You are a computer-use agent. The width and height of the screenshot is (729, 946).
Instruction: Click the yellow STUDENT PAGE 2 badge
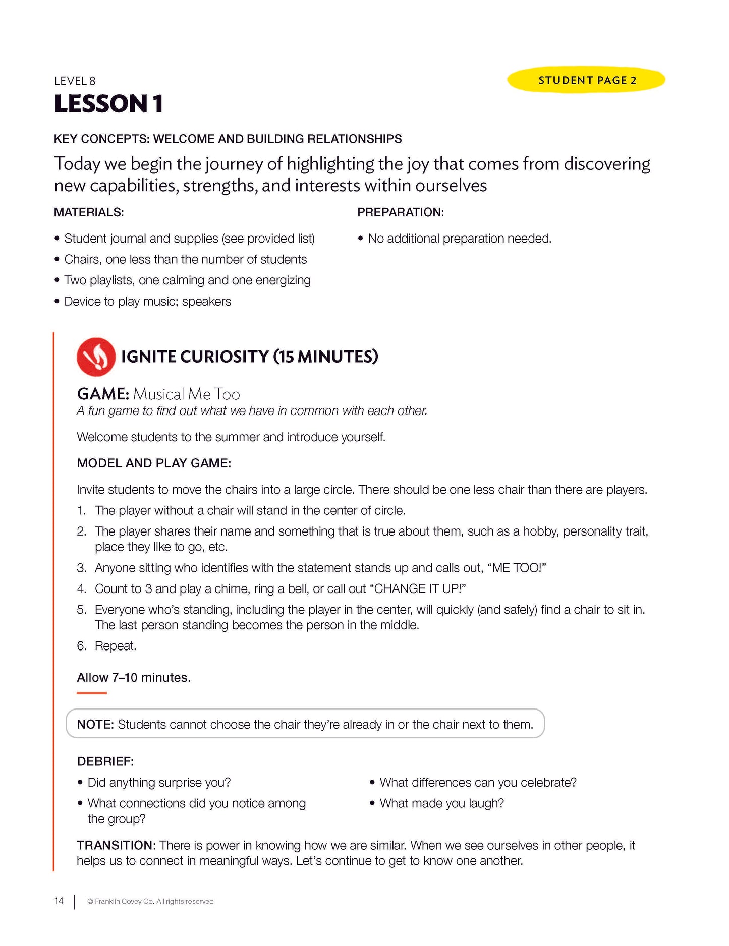point(586,80)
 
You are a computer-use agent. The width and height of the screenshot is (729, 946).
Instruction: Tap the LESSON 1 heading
point(108,104)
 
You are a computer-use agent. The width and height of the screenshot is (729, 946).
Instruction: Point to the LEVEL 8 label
point(75,81)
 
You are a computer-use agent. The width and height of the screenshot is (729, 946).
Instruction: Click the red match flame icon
point(96,357)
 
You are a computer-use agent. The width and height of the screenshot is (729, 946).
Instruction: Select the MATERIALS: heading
point(89,212)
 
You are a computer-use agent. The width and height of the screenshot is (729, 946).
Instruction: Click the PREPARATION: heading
point(401,212)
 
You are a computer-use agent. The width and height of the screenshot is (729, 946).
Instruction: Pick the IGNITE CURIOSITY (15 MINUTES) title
point(249,357)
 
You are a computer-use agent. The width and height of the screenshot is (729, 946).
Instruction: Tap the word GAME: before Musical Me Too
point(103,394)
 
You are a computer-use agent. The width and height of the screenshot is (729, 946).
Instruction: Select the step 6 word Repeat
point(116,646)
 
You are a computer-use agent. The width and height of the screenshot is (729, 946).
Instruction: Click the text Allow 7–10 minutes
point(134,677)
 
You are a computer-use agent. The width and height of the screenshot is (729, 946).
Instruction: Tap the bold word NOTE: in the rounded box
point(95,725)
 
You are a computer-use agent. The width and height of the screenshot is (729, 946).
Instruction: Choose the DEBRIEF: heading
point(105,761)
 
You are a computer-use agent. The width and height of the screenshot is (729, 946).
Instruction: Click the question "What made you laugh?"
point(441,803)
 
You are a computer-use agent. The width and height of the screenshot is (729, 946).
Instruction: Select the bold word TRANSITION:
point(116,845)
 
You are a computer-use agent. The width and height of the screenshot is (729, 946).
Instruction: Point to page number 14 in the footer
point(59,901)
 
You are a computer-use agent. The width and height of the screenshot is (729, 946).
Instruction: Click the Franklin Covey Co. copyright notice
point(150,901)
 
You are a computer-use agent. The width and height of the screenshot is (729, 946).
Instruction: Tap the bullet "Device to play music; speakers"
point(147,302)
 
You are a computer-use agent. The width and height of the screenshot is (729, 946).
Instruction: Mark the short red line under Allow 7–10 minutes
point(92,693)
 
